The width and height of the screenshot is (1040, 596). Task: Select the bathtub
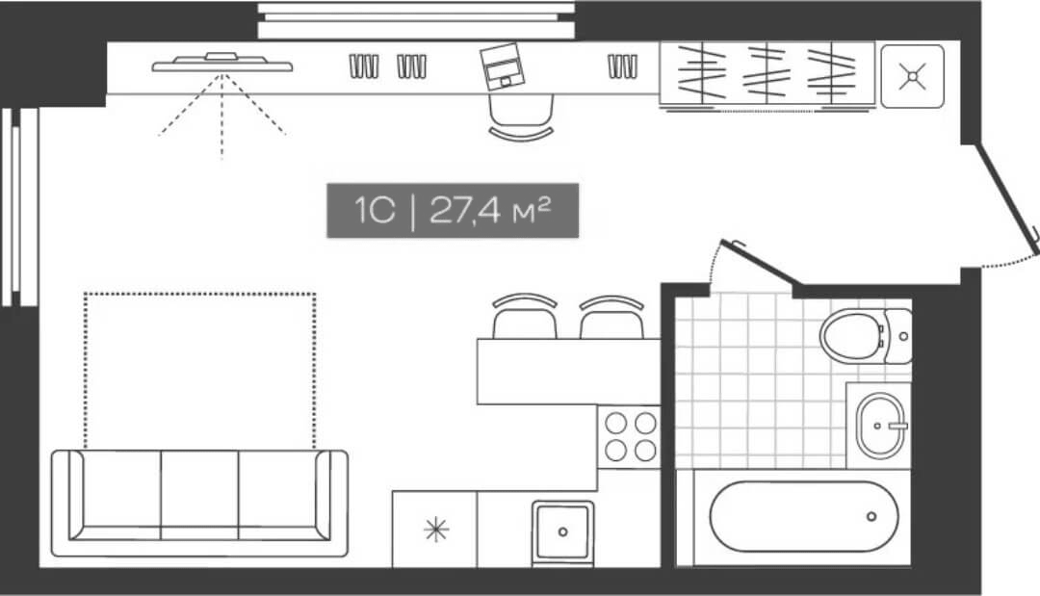tap(803, 516)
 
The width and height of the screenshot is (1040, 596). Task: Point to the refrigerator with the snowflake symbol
tap(435, 529)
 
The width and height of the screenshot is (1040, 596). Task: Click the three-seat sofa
tap(199, 502)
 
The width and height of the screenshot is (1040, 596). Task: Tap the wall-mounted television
tap(221, 64)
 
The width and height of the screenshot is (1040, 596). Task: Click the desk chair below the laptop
tap(520, 121)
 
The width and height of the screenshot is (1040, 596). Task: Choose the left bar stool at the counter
tap(525, 318)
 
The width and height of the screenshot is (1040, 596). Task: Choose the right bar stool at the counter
tap(611, 318)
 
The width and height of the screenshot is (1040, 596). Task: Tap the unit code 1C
tap(375, 211)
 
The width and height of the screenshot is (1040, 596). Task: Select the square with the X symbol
tap(911, 75)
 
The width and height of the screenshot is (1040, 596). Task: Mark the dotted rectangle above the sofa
tap(199, 371)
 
